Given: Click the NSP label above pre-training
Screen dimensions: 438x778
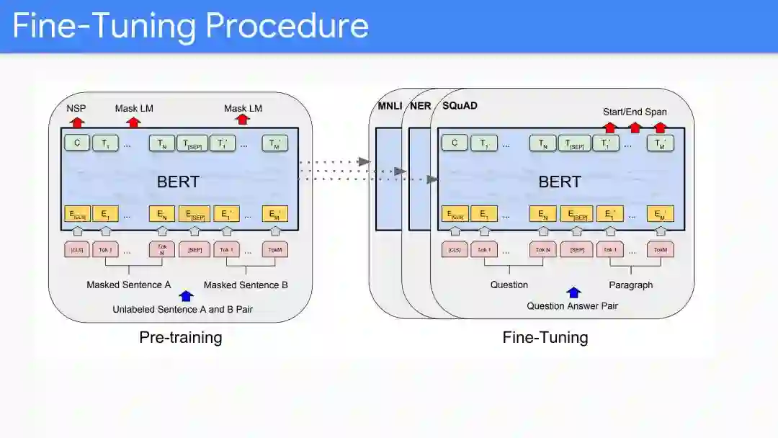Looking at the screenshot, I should click(x=76, y=108).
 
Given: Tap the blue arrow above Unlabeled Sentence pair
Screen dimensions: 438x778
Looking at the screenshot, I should click(x=186, y=295).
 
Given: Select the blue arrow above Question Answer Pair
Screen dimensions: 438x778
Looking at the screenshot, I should click(x=573, y=292).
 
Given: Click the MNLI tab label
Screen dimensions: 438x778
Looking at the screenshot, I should click(x=390, y=106).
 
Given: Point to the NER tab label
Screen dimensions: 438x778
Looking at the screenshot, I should click(x=420, y=106).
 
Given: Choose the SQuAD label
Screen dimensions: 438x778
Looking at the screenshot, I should click(x=460, y=106).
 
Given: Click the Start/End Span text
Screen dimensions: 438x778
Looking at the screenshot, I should click(x=635, y=112).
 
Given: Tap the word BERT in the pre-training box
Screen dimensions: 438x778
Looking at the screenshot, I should click(x=178, y=182).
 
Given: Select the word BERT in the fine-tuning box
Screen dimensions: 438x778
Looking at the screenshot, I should click(x=560, y=182).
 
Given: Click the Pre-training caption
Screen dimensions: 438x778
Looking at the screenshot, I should click(x=180, y=337).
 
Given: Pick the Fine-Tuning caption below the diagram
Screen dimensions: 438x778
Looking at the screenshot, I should click(x=545, y=337).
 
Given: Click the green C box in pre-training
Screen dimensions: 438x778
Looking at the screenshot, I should click(x=76, y=143).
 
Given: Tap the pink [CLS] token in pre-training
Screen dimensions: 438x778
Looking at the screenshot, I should click(x=76, y=250).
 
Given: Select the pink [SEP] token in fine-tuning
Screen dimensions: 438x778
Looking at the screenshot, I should click(x=576, y=250).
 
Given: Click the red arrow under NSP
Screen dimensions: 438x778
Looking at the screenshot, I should click(x=76, y=120).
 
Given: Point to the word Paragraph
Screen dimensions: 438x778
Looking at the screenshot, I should click(x=630, y=285).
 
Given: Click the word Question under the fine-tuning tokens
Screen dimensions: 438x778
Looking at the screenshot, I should click(x=509, y=285).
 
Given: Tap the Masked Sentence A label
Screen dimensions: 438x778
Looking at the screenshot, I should click(x=129, y=285).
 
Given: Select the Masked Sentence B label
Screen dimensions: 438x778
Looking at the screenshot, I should click(x=246, y=285).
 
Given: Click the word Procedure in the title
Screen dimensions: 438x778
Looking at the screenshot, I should click(x=287, y=27).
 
